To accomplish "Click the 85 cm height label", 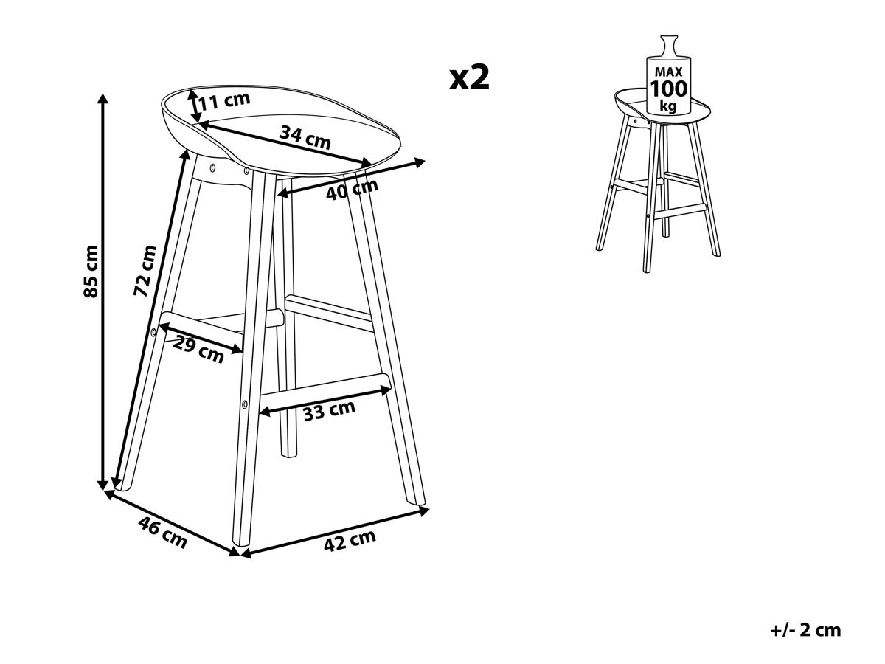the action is [x=91, y=271].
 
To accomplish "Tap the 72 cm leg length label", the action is [x=145, y=270].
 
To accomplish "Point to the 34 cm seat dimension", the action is [x=305, y=136].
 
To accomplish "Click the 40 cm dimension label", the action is [x=352, y=189].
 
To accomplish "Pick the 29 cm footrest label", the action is [x=198, y=350].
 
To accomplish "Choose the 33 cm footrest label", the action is [x=329, y=410].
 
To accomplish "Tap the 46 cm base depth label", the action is [x=162, y=532].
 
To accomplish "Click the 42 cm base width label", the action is [x=350, y=540].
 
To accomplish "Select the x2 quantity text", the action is [x=469, y=77].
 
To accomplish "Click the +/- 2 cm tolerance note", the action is [x=805, y=630].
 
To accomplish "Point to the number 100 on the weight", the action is [x=668, y=89].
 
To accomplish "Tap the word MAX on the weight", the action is [x=668, y=72].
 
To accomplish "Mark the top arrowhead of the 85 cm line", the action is [x=104, y=99].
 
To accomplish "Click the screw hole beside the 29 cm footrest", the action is [x=153, y=332].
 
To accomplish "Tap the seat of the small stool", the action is [x=662, y=107].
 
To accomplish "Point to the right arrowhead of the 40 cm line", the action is [x=420, y=163].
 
